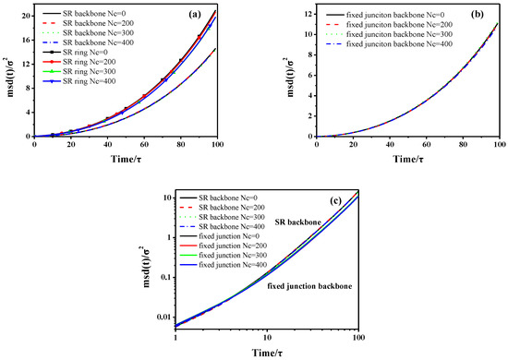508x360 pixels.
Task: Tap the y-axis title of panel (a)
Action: coord(9,72)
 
